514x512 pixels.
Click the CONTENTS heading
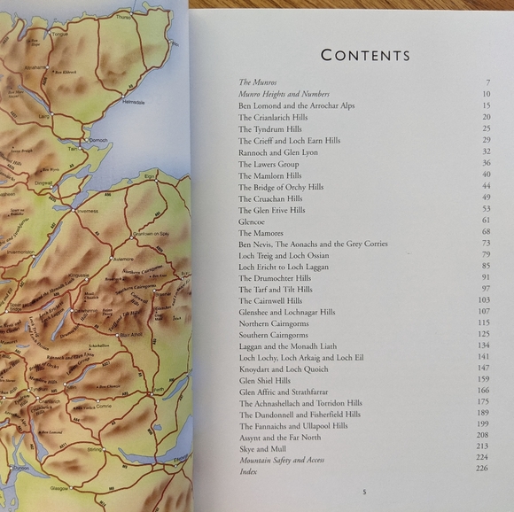(x=365, y=55)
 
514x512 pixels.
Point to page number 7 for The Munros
(x=487, y=82)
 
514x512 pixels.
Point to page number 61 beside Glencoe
(x=485, y=221)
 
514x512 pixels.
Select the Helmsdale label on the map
(x=133, y=102)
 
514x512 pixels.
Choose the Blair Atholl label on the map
(x=129, y=334)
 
